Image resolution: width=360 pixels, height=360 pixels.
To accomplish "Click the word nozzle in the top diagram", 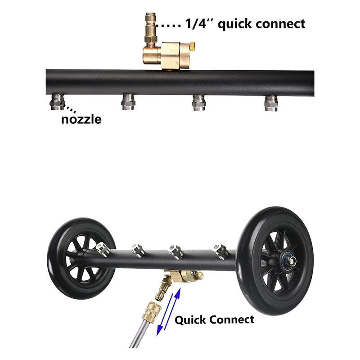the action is click(x=81, y=119).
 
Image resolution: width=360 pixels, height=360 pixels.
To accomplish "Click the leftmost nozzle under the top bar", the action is click(x=57, y=101).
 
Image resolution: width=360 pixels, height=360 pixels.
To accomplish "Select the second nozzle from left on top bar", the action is click(x=128, y=102).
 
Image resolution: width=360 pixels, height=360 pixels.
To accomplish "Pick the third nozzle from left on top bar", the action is click(x=198, y=102).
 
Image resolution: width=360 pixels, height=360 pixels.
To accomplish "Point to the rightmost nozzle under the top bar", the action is click(x=269, y=102).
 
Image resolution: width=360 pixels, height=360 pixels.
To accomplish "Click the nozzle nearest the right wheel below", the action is click(x=220, y=250).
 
